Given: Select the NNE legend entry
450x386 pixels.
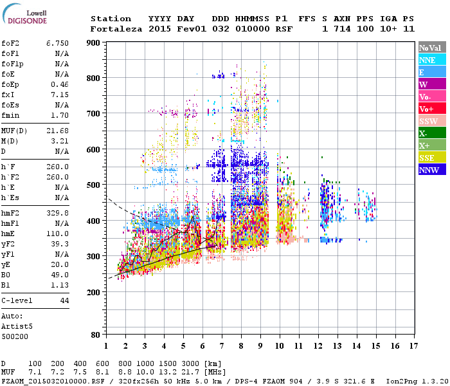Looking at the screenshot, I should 431,60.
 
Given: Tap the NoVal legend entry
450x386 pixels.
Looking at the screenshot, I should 431,48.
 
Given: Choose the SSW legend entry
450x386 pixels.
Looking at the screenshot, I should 431,121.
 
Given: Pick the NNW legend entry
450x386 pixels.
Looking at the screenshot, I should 431,170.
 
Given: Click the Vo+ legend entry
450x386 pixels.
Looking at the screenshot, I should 431,109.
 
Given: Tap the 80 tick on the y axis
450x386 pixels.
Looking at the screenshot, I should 96,335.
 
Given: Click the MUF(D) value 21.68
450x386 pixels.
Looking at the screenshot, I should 57,130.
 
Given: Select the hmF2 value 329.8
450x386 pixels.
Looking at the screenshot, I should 57,212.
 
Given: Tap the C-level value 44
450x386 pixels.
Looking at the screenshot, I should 64,301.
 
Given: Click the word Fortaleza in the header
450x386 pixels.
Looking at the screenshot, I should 116,29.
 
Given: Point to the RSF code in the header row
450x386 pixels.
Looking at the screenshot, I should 284,29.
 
